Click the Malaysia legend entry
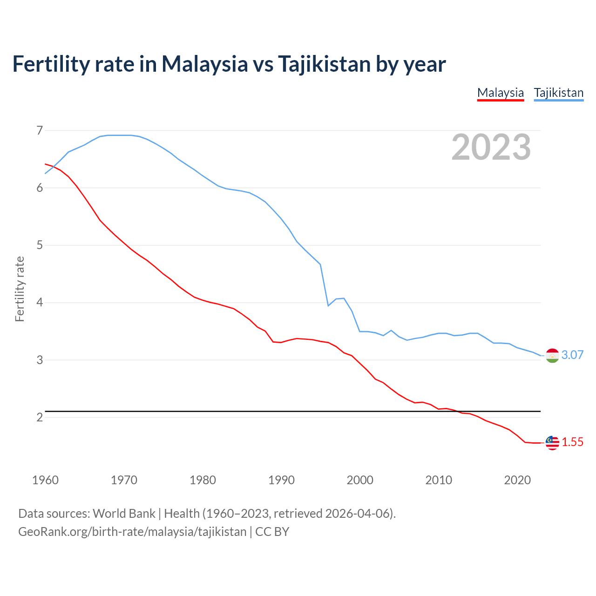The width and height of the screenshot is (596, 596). (501, 93)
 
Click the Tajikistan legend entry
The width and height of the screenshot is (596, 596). (559, 93)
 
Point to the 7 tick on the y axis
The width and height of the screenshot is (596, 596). (40, 130)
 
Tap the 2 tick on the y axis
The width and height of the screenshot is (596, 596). (40, 417)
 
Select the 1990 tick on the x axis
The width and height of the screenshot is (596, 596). (281, 480)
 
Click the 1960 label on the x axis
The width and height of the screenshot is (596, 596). (45, 480)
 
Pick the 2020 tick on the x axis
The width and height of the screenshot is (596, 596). (517, 480)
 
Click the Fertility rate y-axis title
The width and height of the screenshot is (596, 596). (20, 289)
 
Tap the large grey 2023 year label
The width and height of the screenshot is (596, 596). (491, 147)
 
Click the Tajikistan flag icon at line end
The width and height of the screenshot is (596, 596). (552, 355)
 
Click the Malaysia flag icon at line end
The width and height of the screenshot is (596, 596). (552, 442)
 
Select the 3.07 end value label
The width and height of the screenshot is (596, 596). (572, 355)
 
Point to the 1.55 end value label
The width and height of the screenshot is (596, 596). (572, 442)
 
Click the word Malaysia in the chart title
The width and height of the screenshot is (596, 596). (204, 64)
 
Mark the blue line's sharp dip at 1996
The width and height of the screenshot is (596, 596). (328, 305)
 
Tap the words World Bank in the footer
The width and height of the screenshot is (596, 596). (124, 514)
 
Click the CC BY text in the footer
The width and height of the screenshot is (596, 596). (272, 532)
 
